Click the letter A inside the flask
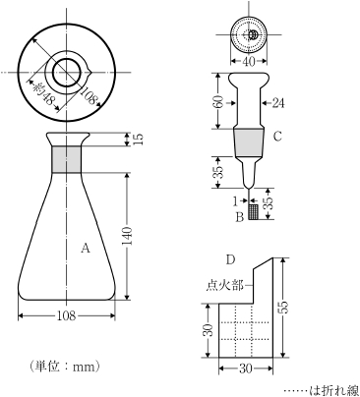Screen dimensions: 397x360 pos(86,250)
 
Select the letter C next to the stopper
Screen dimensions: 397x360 pos(278,137)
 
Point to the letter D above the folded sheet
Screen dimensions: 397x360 pos(229,259)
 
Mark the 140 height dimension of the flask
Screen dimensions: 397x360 pos(139,236)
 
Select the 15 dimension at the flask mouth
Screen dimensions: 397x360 pos(139,140)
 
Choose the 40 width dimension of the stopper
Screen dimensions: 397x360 pos(249,62)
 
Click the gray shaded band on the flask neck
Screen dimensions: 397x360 pos(68,158)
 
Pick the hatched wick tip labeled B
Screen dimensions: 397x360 pos(254,211)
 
